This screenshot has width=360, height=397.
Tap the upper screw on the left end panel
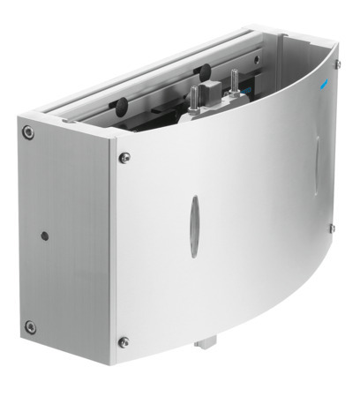(x=29, y=133)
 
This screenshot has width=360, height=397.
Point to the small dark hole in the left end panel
(x=43, y=236)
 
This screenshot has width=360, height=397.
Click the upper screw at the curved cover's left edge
(x=124, y=156)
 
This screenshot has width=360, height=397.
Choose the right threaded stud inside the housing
(x=235, y=82)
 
